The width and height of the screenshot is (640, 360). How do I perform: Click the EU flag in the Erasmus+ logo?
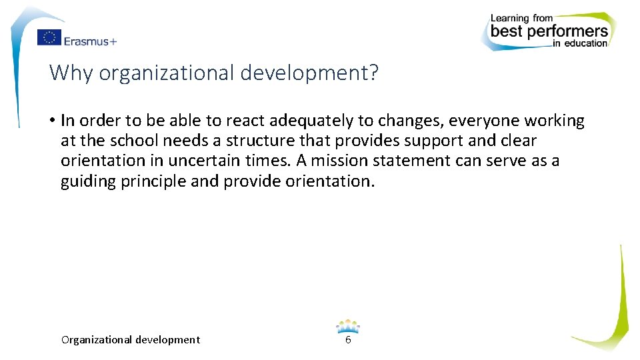[x=49, y=38]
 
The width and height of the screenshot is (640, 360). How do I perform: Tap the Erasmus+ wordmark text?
[x=91, y=41]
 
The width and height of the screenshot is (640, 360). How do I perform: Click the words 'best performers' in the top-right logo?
[x=549, y=31]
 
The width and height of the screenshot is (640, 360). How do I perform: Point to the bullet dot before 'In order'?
[x=51, y=121]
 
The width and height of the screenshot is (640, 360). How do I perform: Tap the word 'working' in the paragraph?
[x=554, y=121]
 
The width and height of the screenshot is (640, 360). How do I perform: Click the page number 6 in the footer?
[x=347, y=340]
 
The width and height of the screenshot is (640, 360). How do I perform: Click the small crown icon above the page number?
[x=347, y=326]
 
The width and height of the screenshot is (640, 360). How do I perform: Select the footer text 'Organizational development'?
[x=130, y=340]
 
